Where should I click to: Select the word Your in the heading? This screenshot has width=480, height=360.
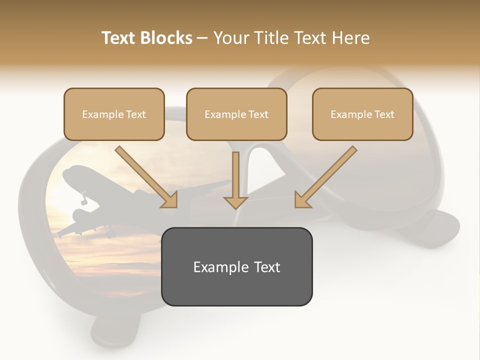pos(229,38)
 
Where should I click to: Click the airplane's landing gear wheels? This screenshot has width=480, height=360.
pos(84,199)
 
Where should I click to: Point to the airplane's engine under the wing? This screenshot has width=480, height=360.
pos(80,215)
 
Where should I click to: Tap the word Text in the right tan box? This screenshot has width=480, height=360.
pos(384,114)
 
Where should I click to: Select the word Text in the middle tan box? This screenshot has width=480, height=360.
pos(258,114)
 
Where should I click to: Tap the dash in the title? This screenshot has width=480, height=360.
pos(202,38)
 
